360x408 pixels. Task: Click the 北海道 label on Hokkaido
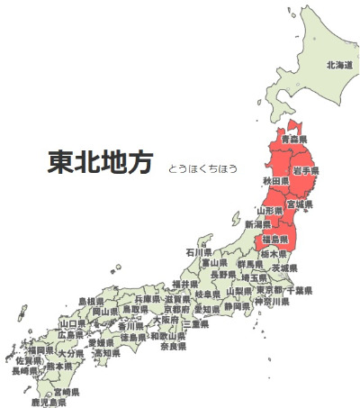pos(339,65)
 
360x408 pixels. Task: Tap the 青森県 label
pos(293,141)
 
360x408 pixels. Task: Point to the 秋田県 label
pos(274,182)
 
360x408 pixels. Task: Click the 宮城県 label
pos(299,204)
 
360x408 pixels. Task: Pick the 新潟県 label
pos(257,223)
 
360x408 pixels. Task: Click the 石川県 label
pos(199,253)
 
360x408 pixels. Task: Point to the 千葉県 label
pos(298,291)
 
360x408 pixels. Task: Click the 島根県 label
pos(91,301)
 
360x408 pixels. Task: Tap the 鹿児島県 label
pos(48,402)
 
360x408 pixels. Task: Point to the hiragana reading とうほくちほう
pos(202,168)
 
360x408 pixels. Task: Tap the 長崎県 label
pos(25,370)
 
